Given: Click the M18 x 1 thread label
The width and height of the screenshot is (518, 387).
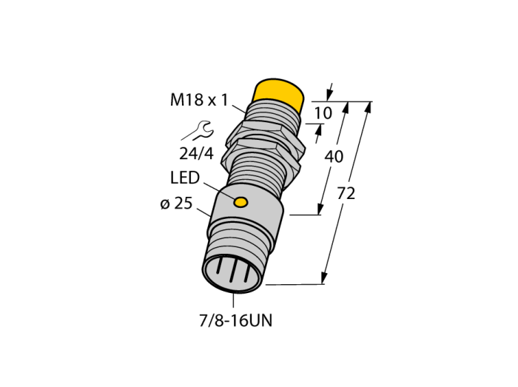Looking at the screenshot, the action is click(199, 99).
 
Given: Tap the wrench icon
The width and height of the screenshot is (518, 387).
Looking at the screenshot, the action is click(198, 130).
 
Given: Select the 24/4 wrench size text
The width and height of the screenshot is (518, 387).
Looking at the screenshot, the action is click(196, 154).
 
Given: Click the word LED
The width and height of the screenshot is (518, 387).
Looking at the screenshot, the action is click(185, 178).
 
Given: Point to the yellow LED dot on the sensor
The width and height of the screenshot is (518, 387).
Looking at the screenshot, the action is click(240, 202).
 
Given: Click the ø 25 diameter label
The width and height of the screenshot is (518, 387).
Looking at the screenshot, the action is click(176, 203).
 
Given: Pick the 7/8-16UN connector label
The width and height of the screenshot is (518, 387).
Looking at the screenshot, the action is click(236, 320).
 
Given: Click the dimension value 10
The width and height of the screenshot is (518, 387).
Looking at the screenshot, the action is click(323, 113).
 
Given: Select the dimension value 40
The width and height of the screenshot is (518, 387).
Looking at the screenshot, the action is click(334, 156).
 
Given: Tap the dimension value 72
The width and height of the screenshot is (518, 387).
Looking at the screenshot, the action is click(346, 193).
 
